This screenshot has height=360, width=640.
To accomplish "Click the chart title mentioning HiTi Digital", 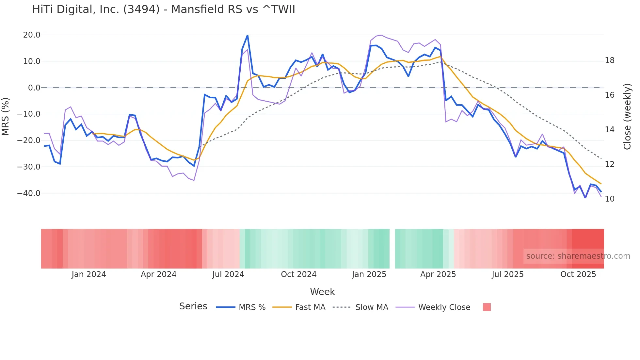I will (x=163, y=9).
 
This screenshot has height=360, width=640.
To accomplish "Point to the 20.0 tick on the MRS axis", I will (x=32, y=35).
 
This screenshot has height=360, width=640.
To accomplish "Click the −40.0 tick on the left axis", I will (x=29, y=193).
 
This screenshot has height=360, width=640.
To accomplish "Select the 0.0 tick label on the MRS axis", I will (x=34, y=88).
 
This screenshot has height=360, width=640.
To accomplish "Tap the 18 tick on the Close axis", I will (x=609, y=60).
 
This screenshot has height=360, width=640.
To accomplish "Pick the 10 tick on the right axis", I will (x=609, y=199).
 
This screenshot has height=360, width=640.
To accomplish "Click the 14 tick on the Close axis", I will (x=609, y=130).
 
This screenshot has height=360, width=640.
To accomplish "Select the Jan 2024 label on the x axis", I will (x=89, y=274).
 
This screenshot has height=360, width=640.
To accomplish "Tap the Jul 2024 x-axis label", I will (x=228, y=274).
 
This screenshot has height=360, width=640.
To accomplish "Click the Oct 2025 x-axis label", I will (x=578, y=274).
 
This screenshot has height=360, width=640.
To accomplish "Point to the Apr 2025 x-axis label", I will (x=438, y=274).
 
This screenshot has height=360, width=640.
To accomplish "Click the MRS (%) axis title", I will (x=6, y=116).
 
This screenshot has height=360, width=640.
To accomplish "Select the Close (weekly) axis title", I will (x=627, y=117).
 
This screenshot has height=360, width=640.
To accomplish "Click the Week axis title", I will (x=322, y=292).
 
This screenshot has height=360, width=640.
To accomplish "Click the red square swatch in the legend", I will (x=487, y=307).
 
